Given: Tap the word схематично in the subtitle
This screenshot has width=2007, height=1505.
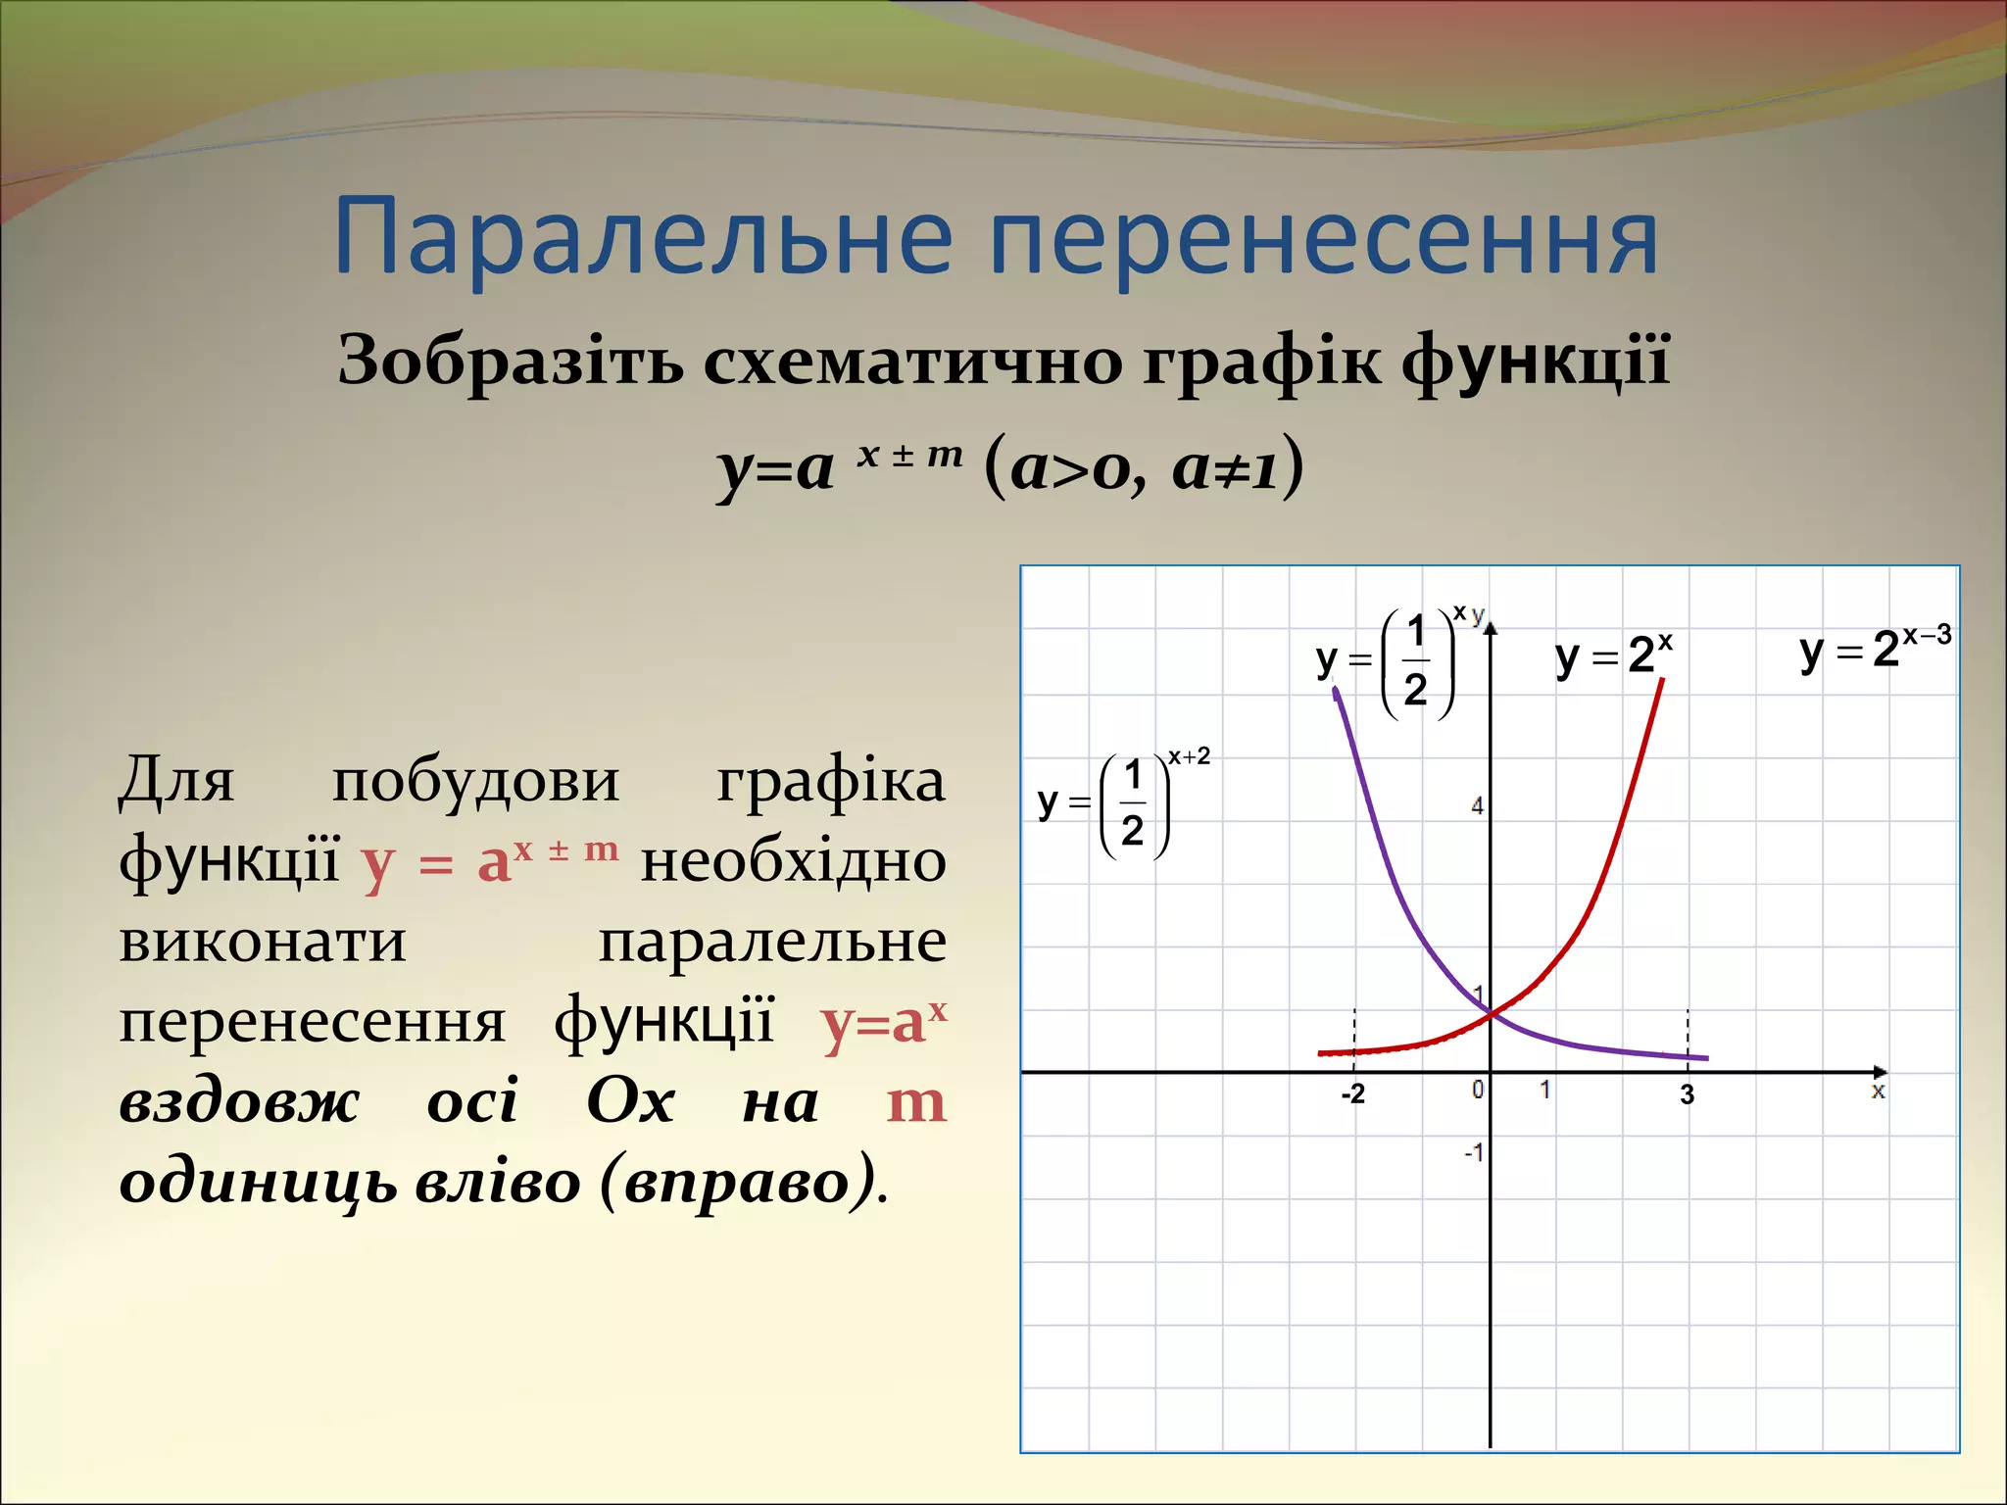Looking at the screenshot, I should pyautogui.click(x=914, y=360).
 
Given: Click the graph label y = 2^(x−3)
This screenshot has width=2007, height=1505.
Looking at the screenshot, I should pyautogui.click(x=1875, y=648).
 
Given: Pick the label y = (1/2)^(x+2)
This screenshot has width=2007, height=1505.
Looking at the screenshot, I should pyautogui.click(x=1123, y=804).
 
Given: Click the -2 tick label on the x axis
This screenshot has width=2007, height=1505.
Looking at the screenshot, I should pyautogui.click(x=1352, y=1093).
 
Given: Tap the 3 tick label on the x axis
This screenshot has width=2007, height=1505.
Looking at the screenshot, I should pyautogui.click(x=1687, y=1094).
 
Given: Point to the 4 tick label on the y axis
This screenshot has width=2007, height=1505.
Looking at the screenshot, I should pyautogui.click(x=1477, y=806).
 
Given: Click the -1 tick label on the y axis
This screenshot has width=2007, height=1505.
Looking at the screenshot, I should pyautogui.click(x=1474, y=1151).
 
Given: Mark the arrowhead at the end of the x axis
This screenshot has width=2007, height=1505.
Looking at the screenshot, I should pyautogui.click(x=1880, y=1072).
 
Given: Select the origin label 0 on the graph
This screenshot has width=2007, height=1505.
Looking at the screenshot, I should pyautogui.click(x=1478, y=1089).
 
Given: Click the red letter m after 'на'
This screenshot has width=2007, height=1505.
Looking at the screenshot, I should pyautogui.click(x=915, y=1102).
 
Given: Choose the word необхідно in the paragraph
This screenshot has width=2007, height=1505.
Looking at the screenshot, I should pyautogui.click(x=793, y=862).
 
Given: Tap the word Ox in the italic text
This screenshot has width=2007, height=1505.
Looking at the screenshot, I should pyautogui.click(x=630, y=1102).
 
